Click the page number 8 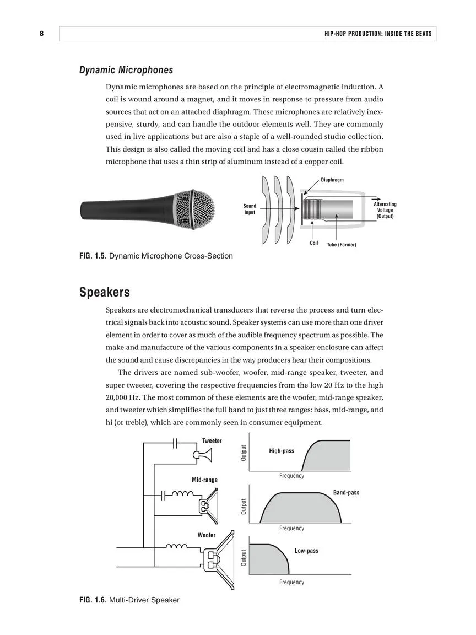[x=41, y=34]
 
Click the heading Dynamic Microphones [x=126, y=70]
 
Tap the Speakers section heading [x=104, y=292]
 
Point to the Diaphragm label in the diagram [x=332, y=180]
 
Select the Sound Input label [x=250, y=209]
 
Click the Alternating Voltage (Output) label [x=385, y=210]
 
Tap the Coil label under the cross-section [x=314, y=243]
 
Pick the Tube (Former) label [x=342, y=245]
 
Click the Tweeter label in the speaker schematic [x=212, y=441]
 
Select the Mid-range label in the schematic [x=204, y=480]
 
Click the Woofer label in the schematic [x=207, y=535]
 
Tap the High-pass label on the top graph [x=282, y=451]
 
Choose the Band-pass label [x=346, y=492]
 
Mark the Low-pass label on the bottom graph [x=306, y=551]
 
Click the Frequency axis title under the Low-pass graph [x=291, y=582]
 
